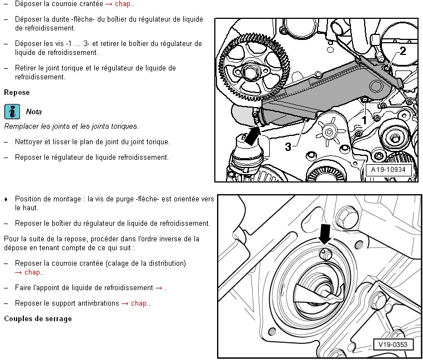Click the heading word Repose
click(17, 92)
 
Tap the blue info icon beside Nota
click(12, 111)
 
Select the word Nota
click(34, 111)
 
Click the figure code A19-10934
click(389, 170)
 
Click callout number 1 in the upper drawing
click(364, 119)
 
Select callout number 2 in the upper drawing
click(402, 51)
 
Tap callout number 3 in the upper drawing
click(288, 146)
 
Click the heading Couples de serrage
click(38, 319)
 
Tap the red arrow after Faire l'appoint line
click(159, 288)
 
